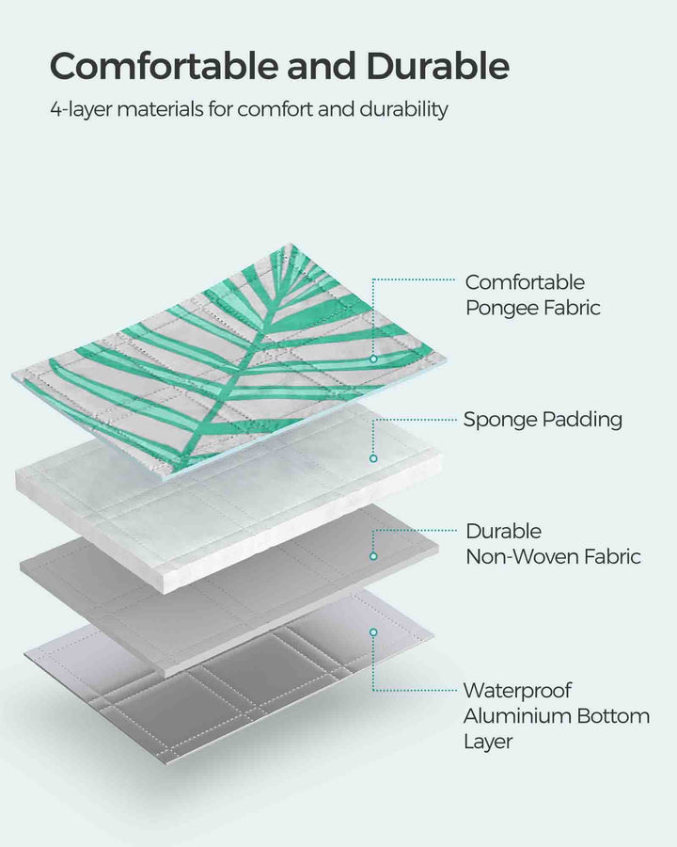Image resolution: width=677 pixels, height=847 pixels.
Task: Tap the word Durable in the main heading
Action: click(437, 67)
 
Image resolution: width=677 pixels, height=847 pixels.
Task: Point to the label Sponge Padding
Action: click(543, 420)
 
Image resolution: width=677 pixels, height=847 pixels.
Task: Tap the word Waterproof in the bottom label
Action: click(517, 692)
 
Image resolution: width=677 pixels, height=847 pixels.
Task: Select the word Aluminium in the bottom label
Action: click(516, 716)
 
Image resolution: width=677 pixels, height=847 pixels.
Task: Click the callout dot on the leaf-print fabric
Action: click(373, 359)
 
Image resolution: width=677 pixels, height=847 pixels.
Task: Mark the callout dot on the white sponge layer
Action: click(373, 458)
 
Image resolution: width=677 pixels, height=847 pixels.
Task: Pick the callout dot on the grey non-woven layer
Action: click(373, 556)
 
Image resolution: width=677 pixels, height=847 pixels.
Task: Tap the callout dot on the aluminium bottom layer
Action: click(373, 632)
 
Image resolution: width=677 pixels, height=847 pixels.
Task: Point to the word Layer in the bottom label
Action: click(488, 742)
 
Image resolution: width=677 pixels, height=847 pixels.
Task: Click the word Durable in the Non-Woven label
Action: click(504, 532)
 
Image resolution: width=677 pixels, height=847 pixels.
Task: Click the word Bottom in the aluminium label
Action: click(612, 716)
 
